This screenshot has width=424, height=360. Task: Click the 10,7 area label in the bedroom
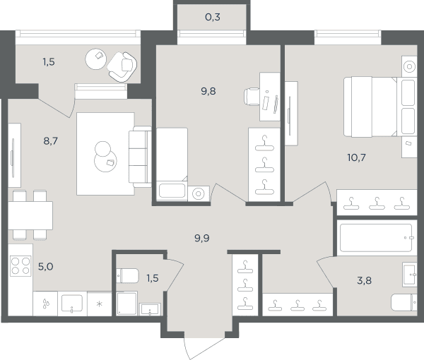(x=356, y=157)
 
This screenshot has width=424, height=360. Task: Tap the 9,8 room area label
(x=208, y=91)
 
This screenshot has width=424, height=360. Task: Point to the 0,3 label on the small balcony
(x=213, y=17)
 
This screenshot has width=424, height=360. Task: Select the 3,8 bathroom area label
(x=364, y=281)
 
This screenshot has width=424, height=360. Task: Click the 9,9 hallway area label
(x=202, y=238)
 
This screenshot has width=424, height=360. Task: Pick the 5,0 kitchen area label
(x=45, y=267)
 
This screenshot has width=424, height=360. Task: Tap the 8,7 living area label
(x=51, y=141)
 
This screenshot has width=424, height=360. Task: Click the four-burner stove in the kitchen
(x=20, y=266)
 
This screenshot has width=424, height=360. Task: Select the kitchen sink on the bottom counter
(x=72, y=304)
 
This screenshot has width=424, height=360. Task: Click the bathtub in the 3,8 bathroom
(x=377, y=238)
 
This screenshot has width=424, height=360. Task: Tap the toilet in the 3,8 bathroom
(x=404, y=302)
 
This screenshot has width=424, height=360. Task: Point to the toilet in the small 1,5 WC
(x=128, y=275)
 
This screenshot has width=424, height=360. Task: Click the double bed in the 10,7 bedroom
(x=380, y=107)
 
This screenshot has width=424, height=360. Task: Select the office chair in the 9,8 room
(x=252, y=97)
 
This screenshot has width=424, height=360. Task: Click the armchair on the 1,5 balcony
(x=122, y=67)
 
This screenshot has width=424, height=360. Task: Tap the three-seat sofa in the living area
(x=140, y=157)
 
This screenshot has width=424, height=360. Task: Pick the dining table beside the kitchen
(x=30, y=215)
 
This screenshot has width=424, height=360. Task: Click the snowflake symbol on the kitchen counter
(x=100, y=304)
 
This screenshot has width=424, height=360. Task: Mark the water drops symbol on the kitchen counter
(x=46, y=304)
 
